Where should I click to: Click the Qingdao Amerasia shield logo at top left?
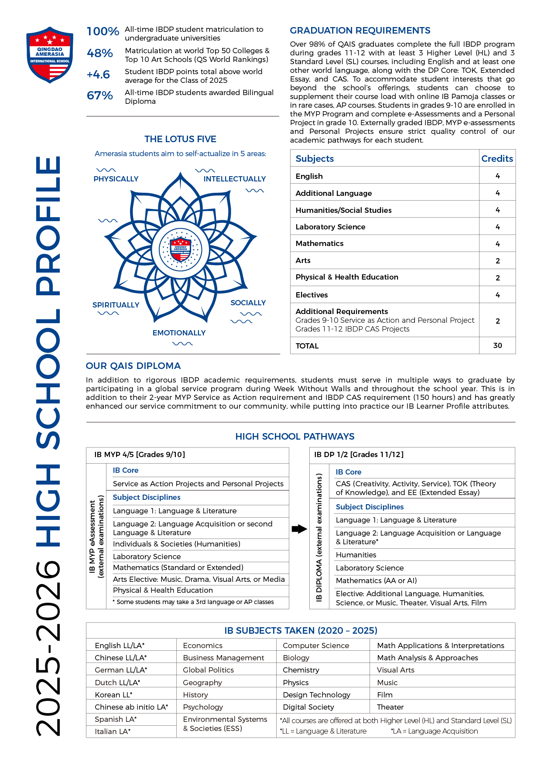[50, 55]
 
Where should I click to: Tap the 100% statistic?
[103, 31]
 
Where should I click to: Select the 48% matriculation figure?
[100, 53]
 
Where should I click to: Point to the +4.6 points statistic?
[99, 75]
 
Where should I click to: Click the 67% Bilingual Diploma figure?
[100, 96]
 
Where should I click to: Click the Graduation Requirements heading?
[360, 31]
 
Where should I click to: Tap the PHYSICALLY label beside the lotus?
[116, 179]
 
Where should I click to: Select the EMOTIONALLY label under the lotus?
[179, 333]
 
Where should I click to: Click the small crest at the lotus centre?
[181, 249]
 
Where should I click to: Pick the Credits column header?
[497, 159]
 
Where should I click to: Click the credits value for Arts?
[497, 261]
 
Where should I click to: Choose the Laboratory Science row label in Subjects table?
[330, 227]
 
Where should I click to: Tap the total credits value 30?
[497, 345]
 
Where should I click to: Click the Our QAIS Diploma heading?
[133, 366]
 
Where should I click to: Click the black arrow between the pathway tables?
[299, 529]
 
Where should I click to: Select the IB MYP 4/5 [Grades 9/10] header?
[140, 454]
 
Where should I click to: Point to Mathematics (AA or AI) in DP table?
[376, 581]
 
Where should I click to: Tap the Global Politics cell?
[208, 670]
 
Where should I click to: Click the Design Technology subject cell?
[316, 695]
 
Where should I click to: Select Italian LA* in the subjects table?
[113, 731]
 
